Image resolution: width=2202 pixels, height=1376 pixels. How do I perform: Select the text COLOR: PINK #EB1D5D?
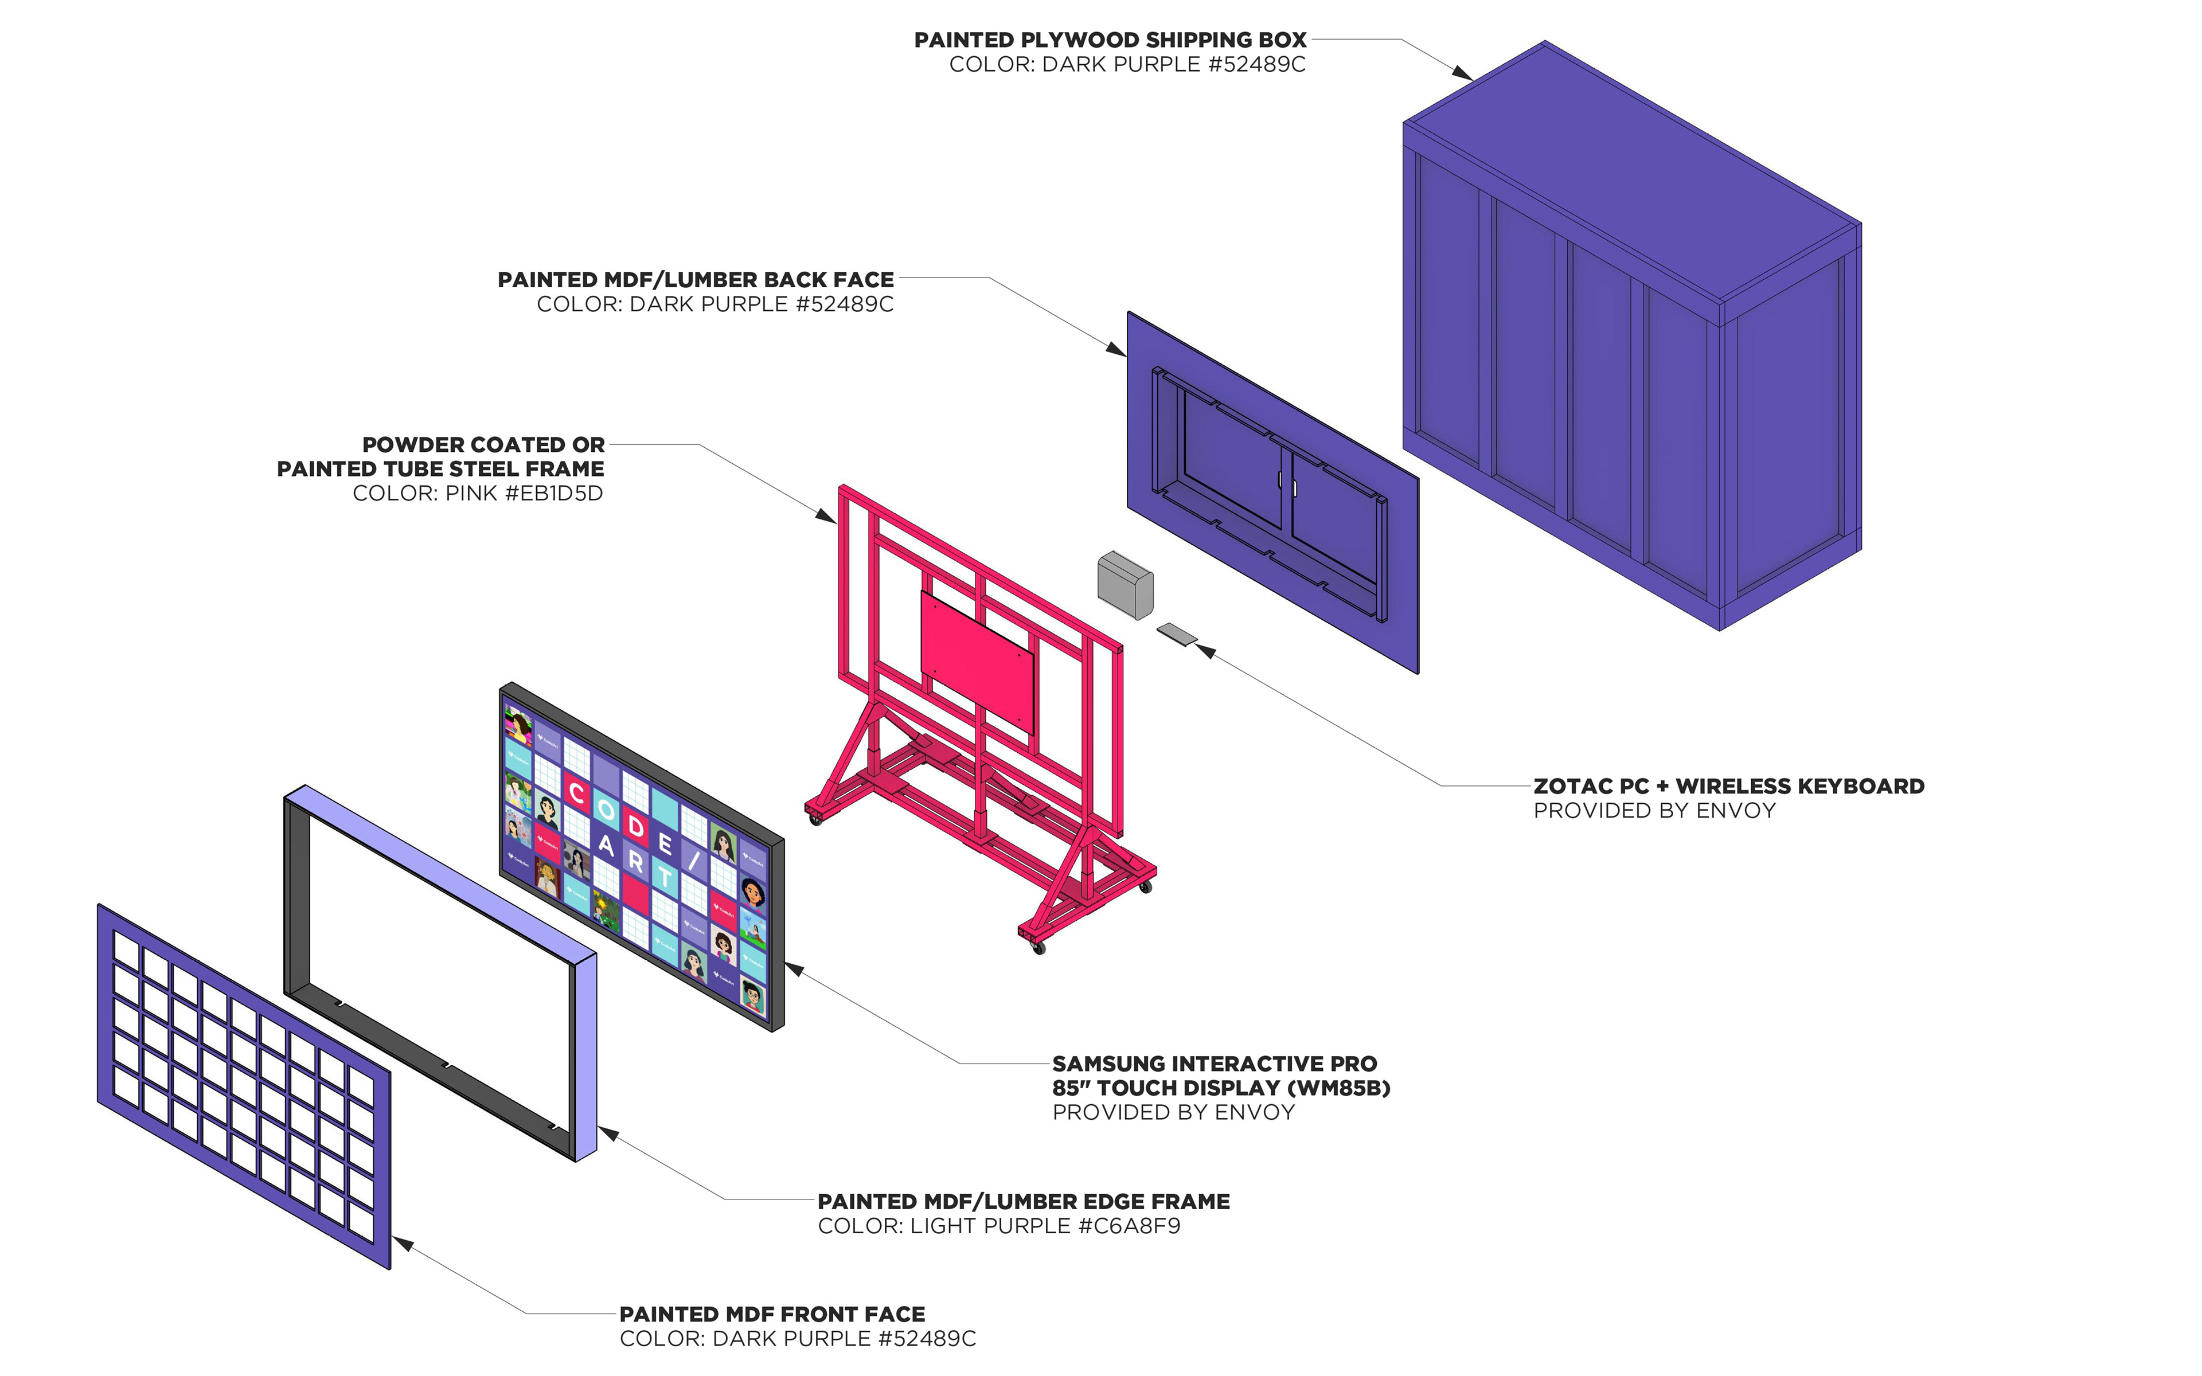(478, 493)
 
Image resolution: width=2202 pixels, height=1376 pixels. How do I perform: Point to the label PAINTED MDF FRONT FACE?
(772, 1314)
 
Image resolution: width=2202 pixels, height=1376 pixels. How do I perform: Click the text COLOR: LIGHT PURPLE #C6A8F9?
(998, 1226)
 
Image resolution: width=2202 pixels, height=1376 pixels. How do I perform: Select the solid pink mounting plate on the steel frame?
(977, 660)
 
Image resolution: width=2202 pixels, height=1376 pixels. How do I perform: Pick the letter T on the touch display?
(665, 877)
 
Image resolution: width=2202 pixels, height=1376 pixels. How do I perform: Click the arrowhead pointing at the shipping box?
(1463, 73)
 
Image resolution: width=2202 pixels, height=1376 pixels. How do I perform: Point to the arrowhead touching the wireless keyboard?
(1205, 650)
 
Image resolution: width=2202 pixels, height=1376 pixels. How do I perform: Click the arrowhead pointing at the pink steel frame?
(826, 517)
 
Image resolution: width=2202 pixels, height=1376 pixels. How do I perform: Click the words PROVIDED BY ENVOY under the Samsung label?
(1173, 1112)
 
